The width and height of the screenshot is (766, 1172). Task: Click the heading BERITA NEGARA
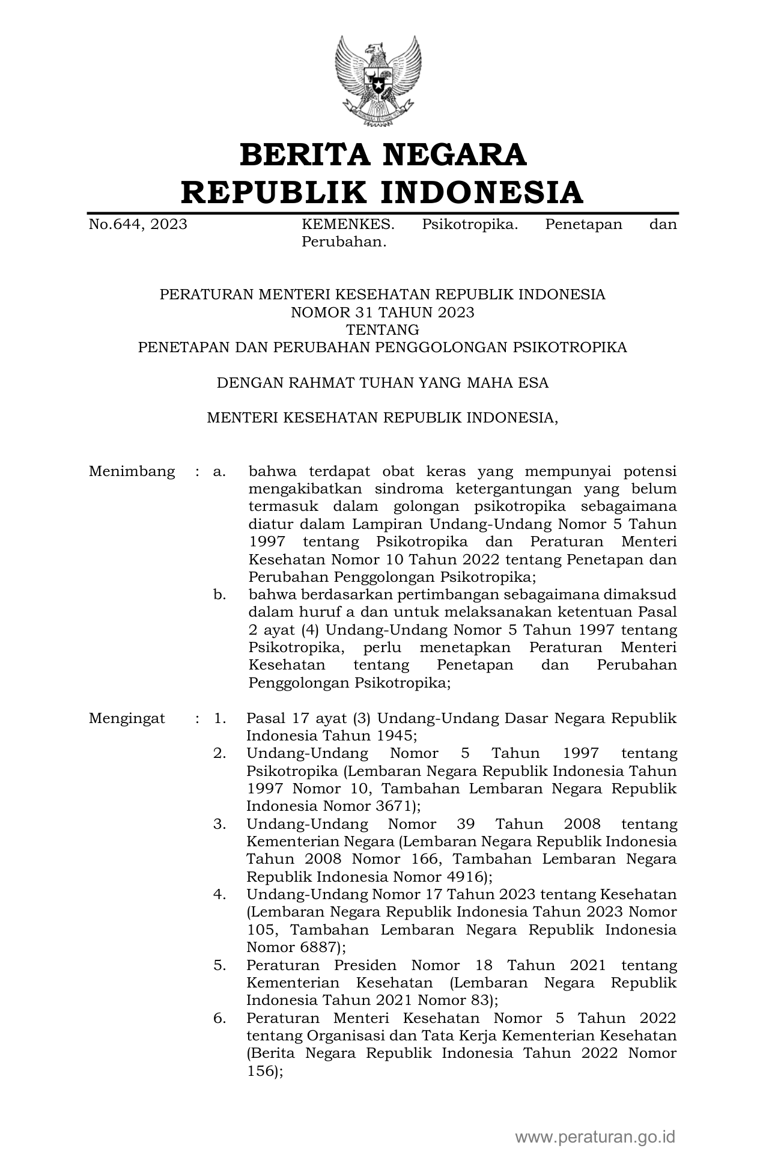383,154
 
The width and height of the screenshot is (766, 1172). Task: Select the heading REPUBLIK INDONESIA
383,192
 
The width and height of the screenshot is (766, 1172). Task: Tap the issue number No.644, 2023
138,225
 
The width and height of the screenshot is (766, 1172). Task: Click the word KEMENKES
348,225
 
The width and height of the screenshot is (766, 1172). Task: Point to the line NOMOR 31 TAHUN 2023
382,312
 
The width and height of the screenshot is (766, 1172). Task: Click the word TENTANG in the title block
382,329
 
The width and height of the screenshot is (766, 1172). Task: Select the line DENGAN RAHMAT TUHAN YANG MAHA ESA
382,383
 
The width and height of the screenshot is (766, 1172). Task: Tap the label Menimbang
132,471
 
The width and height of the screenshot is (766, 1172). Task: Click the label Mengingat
127,718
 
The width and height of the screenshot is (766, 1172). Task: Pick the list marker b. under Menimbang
219,595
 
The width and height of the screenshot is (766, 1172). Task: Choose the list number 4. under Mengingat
219,894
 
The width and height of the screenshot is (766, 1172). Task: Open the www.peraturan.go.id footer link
595,1137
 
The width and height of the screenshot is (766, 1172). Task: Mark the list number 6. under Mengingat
219,1018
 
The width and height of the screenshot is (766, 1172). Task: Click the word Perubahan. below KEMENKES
343,242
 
